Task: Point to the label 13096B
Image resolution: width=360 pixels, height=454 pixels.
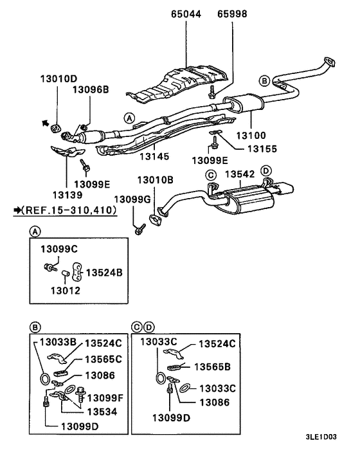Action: pos(90,91)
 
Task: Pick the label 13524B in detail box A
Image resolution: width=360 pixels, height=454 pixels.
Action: pos(104,272)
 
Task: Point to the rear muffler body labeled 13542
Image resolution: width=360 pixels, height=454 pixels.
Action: pos(244,201)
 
